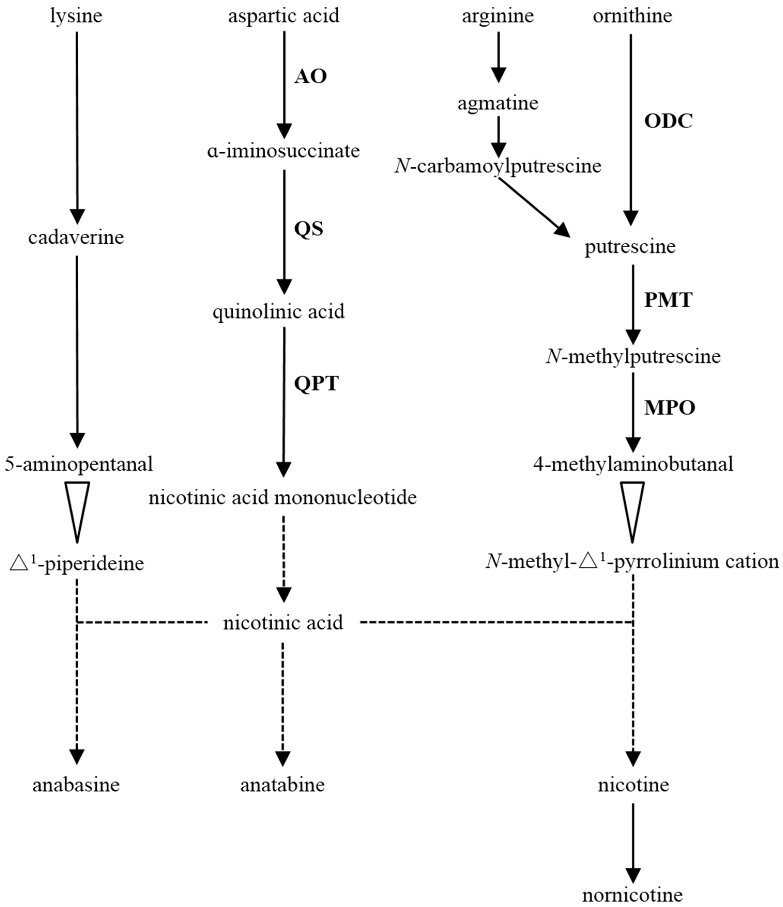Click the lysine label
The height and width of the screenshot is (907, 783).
(x=76, y=17)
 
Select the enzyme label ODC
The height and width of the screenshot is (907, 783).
(x=668, y=121)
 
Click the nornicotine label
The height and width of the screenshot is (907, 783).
(x=632, y=895)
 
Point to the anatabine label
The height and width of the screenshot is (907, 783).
(x=283, y=785)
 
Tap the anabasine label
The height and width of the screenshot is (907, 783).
(x=76, y=785)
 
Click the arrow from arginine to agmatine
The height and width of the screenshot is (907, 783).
(x=498, y=57)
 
